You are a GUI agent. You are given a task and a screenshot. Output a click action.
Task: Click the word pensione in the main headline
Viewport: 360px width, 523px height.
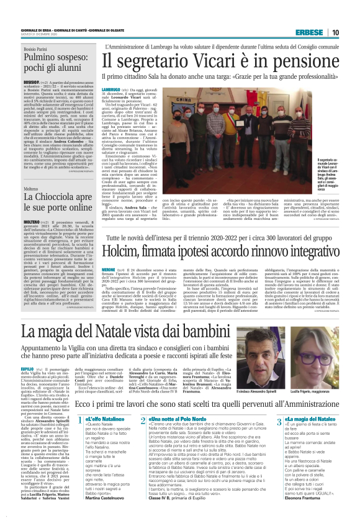pos(287,60)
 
